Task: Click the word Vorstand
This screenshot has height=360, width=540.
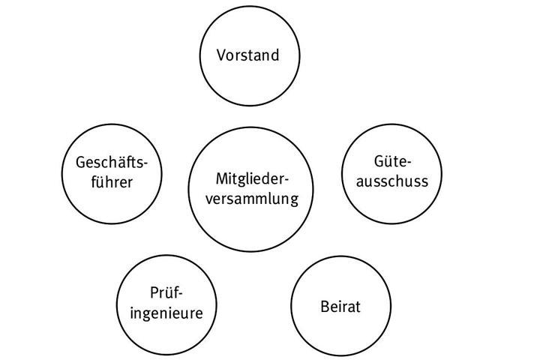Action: tap(247, 55)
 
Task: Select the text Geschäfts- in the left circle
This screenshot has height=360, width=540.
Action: tap(112, 163)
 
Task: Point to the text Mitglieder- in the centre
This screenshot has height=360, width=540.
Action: tap(252, 179)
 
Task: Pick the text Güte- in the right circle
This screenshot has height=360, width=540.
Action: tap(393, 162)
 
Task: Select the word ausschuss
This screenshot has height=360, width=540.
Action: tap(392, 181)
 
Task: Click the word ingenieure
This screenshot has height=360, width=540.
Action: tap(166, 313)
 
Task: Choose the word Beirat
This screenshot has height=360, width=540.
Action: tap(340, 307)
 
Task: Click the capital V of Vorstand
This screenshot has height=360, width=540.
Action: tap(221, 55)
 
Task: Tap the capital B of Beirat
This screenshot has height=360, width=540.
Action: tap(324, 307)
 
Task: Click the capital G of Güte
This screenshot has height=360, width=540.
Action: tap(379, 162)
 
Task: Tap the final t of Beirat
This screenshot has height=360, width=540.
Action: tap(358, 307)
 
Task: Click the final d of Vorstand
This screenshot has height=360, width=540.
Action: tap(274, 55)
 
